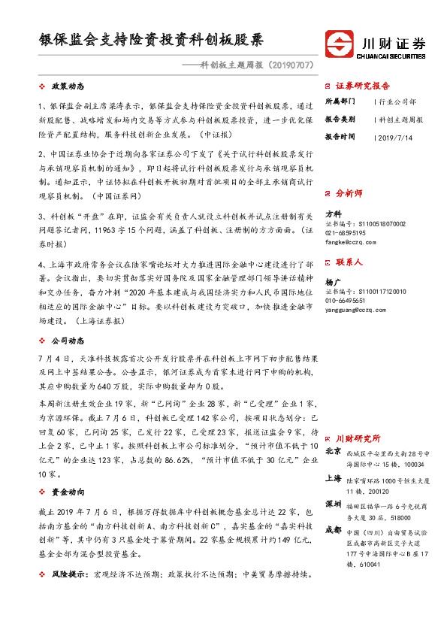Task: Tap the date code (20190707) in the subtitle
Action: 285,65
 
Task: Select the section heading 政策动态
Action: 68,87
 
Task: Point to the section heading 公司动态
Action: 68,341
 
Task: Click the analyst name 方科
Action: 333,214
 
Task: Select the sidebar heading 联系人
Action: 349,262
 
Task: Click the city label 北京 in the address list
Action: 334,451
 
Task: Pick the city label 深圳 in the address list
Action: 334,504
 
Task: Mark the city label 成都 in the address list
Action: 334,530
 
